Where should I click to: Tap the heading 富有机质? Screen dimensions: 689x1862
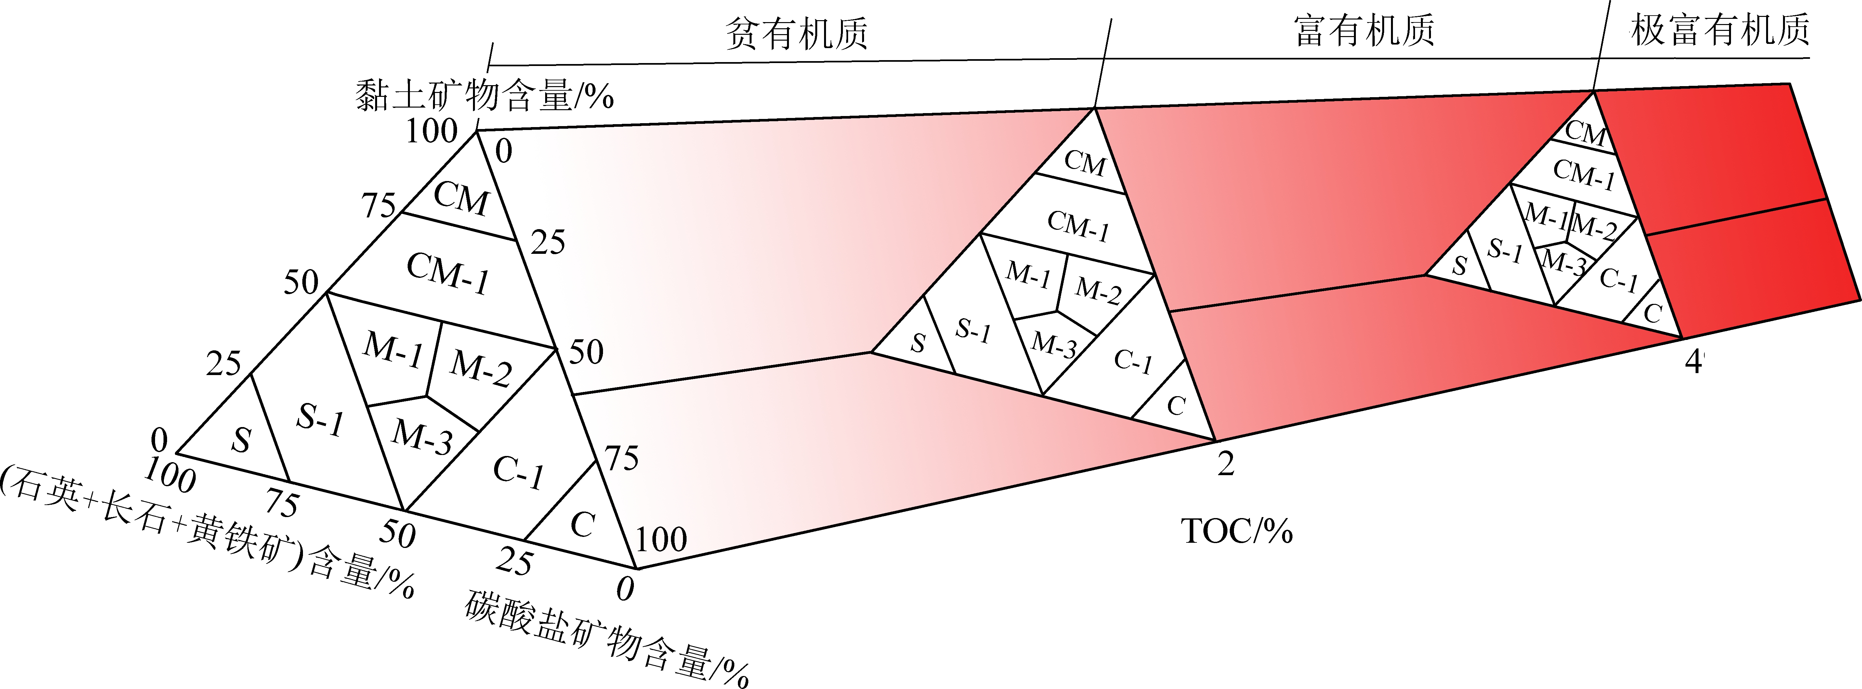1364,31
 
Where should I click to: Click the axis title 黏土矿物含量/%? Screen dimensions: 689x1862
484,95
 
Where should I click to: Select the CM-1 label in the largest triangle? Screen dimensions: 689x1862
448,273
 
